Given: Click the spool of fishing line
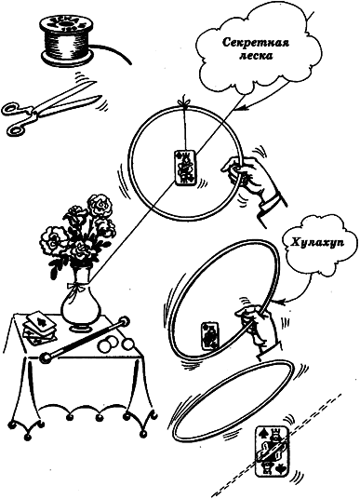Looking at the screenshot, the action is (x=67, y=38).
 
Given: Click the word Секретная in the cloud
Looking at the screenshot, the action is (x=256, y=43).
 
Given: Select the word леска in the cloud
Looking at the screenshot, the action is (x=256, y=57).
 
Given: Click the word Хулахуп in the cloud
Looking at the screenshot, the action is (x=313, y=243).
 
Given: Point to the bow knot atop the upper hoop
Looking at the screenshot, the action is (x=184, y=103).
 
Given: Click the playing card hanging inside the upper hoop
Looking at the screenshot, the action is (x=185, y=167).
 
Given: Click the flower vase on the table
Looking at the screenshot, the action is (x=82, y=302).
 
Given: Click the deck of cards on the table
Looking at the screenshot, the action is (x=40, y=327).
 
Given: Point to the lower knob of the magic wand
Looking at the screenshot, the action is (x=46, y=357).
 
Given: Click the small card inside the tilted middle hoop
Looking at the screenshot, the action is (x=210, y=336).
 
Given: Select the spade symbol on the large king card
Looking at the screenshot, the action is (x=262, y=433).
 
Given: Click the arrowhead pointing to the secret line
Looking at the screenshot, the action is (x=242, y=108).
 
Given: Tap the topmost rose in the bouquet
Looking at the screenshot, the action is (x=100, y=206).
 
